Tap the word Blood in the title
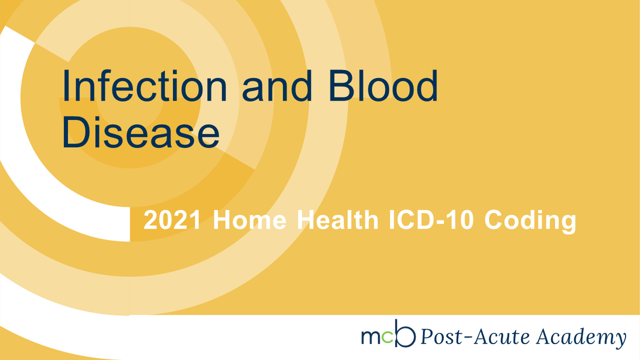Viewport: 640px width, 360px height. (x=383, y=86)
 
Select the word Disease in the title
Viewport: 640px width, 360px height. (x=141, y=132)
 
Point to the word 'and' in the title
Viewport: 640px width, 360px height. (x=277, y=86)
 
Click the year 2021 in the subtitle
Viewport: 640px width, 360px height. (x=172, y=220)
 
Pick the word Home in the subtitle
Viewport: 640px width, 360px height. (x=250, y=220)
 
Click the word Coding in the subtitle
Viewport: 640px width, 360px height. (x=530, y=222)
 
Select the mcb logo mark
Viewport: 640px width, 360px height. (x=388, y=334)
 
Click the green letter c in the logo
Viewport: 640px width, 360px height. (x=387, y=337)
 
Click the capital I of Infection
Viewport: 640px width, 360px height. (x=65, y=86)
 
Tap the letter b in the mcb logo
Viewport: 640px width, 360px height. (x=405, y=334)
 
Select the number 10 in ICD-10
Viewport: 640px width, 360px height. (x=463, y=220)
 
